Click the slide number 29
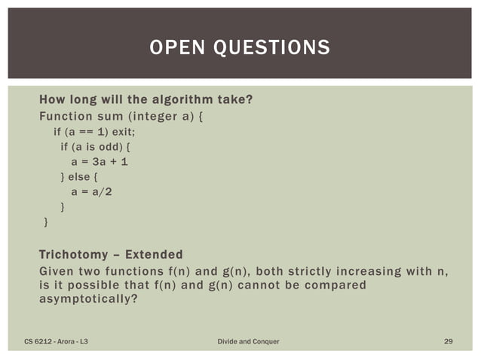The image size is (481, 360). pos(448,342)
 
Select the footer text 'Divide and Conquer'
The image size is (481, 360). pos(248,342)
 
